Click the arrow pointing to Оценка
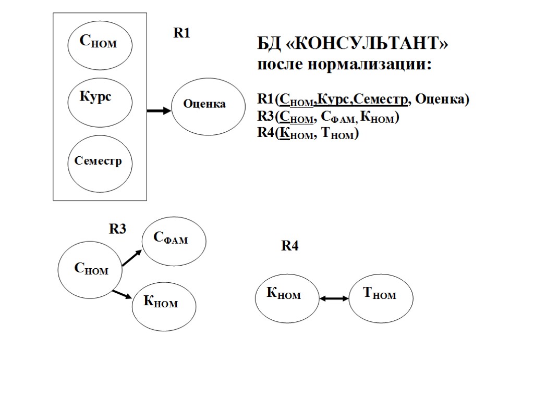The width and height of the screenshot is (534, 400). point(159,110)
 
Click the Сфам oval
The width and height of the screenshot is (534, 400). point(174,240)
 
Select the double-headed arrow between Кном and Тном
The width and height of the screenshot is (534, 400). point(334,298)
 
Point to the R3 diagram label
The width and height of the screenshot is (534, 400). point(117,229)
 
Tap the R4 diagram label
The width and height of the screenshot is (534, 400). point(290,246)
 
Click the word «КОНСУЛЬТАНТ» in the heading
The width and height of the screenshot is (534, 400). point(367,45)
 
